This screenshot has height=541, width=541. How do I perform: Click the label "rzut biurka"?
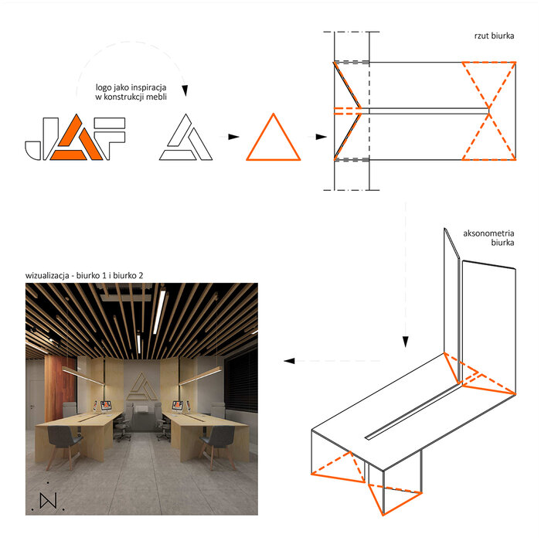point(494,36)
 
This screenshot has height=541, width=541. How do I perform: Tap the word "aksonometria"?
point(488,233)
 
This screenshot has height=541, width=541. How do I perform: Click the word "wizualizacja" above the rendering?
point(47,276)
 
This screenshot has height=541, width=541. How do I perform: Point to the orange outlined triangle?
point(274,159)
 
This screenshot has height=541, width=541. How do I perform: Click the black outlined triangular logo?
point(185,138)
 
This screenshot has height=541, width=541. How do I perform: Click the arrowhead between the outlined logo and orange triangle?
point(233,137)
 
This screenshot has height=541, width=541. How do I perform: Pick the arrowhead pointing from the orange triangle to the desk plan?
point(322,137)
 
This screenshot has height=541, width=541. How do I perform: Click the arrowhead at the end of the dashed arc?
point(185,90)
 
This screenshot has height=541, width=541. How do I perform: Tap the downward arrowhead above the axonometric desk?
point(406,342)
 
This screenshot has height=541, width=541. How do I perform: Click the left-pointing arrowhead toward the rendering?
point(289,361)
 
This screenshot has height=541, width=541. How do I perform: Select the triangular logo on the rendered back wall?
point(141,386)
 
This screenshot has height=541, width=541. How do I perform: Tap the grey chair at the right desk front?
point(218,445)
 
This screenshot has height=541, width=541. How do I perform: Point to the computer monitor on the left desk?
point(106,406)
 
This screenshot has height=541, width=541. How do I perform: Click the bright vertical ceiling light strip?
point(159,311)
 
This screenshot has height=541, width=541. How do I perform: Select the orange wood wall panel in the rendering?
point(60,388)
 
